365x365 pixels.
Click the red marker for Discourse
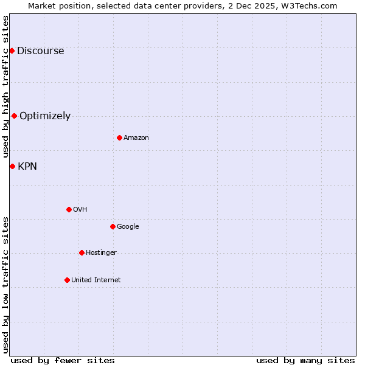pyautogui.click(x=12, y=50)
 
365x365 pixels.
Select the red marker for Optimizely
pyautogui.click(x=14, y=116)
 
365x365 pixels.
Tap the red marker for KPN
pyautogui.click(x=12, y=166)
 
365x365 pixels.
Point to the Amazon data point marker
pyautogui.click(x=119, y=137)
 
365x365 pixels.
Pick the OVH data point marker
pyautogui.click(x=69, y=209)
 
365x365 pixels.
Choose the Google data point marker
pyautogui.click(x=113, y=226)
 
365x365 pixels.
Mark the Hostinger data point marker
pyautogui.click(x=82, y=252)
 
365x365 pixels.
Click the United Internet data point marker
pyautogui.click(x=67, y=280)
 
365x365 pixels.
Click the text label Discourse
pyautogui.click(x=40, y=51)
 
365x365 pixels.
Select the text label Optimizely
pyautogui.click(x=45, y=116)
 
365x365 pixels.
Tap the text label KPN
pyautogui.click(x=27, y=167)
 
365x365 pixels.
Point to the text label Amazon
pyautogui.click(x=136, y=138)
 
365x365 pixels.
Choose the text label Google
pyautogui.click(x=128, y=227)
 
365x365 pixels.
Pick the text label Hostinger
pyautogui.click(x=101, y=253)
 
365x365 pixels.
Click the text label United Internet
pyautogui.click(x=96, y=280)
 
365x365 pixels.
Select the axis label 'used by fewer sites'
pyautogui.click(x=63, y=361)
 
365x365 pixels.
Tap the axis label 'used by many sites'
pyautogui.click(x=305, y=361)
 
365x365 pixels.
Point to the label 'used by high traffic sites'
pyautogui.click(x=5, y=87)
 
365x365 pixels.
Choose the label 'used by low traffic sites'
pyautogui.click(x=5, y=285)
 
